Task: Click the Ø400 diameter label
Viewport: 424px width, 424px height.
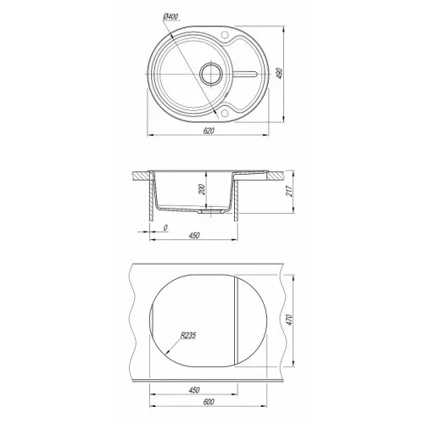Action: click(x=170, y=17)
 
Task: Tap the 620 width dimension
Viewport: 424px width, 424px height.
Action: click(x=209, y=131)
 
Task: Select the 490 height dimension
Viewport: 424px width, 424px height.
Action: click(x=280, y=74)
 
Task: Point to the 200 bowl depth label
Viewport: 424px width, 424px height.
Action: click(x=201, y=189)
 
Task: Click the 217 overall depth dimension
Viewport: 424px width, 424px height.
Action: click(x=289, y=192)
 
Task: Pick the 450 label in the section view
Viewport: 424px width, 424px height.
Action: click(x=194, y=235)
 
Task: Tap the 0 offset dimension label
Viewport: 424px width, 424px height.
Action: click(x=165, y=227)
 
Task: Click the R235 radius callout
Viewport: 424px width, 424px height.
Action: click(x=188, y=336)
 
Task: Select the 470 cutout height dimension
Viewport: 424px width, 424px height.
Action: click(x=289, y=320)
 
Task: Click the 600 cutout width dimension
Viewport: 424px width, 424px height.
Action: click(x=209, y=402)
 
